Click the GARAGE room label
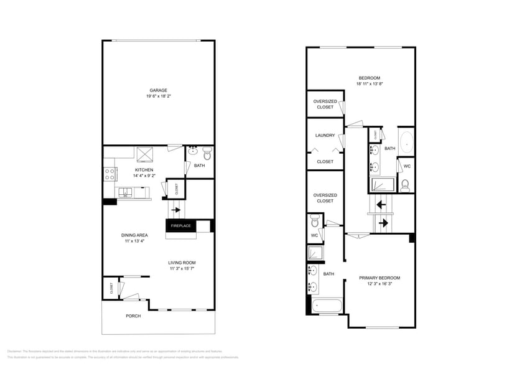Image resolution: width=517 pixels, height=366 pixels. pos(158,90)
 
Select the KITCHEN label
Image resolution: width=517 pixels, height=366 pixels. pos(144,170)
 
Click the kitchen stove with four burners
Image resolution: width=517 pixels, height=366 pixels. pos(110,174)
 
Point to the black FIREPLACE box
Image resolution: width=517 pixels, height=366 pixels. pos(180,225)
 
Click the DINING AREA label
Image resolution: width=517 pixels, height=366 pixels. pos(134,235)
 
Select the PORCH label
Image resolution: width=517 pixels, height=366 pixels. pos(133,316)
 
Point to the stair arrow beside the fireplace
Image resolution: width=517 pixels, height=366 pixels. pos(177,210)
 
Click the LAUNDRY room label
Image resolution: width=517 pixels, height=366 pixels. pos(325,135)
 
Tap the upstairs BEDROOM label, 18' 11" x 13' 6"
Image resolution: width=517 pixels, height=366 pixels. pos(370,78)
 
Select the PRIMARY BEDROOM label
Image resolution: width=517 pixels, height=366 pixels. pos(380,278)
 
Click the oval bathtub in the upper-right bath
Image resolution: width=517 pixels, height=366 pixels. pos(406,142)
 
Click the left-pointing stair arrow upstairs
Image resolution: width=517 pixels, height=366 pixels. pos(380,204)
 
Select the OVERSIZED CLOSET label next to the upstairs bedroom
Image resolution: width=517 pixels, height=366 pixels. pos(325,104)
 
